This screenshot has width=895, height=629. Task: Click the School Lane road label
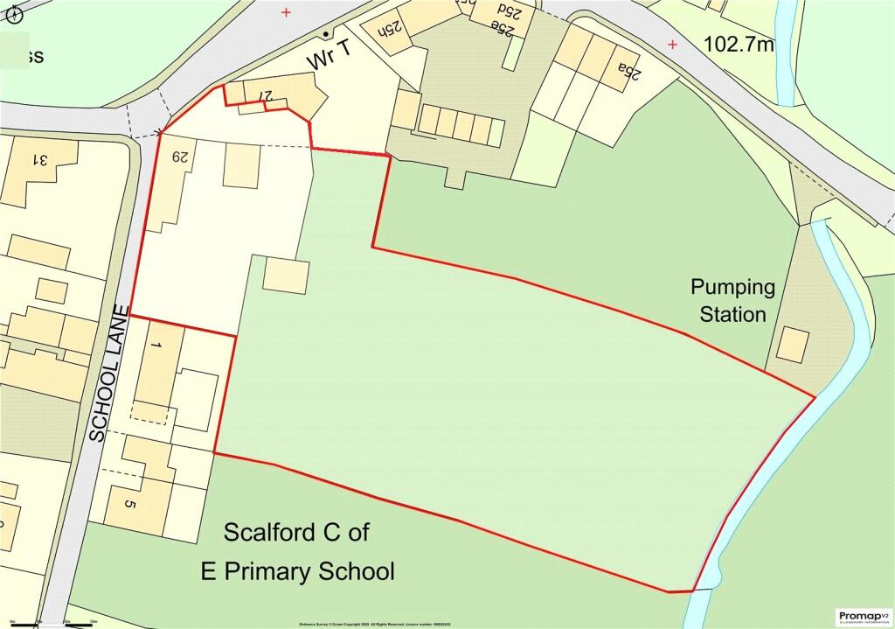110,378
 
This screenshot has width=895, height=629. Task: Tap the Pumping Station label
732,300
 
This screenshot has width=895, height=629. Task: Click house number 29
180,157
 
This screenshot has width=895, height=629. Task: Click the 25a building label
629,70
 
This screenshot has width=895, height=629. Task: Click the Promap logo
862,617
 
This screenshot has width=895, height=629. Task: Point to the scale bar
52,624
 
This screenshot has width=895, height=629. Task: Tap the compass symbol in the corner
12,12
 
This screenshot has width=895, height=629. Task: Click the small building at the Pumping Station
793,345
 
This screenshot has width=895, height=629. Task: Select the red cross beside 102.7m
672,44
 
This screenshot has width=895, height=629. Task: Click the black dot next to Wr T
325,34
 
